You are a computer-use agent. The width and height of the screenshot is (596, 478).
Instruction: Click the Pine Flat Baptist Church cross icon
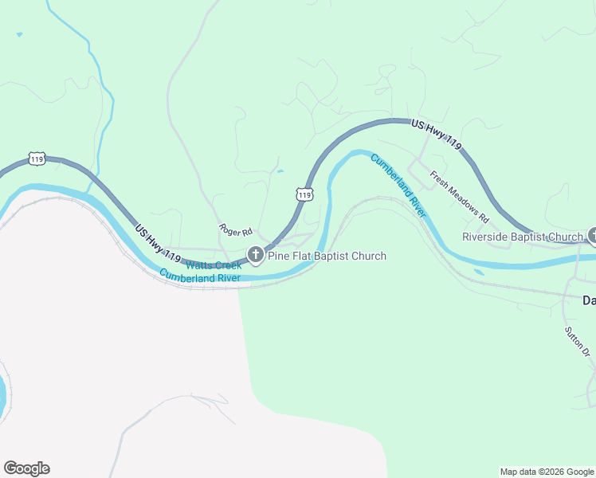256,256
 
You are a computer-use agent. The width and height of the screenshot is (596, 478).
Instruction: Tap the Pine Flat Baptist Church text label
327,256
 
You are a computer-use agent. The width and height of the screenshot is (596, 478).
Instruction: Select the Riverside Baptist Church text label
523,237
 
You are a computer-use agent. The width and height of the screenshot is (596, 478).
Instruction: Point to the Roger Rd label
236,230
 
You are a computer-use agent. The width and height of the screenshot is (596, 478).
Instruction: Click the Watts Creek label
213,264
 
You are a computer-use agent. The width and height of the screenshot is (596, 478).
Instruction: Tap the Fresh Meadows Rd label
460,195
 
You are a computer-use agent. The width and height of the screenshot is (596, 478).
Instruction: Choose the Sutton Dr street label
578,341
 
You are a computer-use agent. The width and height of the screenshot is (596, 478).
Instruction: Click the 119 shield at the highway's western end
37,159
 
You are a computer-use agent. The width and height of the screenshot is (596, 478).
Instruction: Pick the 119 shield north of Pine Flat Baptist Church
304,194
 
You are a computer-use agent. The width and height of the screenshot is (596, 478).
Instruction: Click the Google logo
26,468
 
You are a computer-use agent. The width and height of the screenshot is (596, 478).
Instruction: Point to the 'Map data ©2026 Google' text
546,472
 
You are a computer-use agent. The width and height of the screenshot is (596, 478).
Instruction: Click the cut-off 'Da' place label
589,300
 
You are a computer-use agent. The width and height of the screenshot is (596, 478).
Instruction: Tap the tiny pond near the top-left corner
19,34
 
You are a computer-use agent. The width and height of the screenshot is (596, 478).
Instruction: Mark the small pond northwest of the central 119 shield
279,170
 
